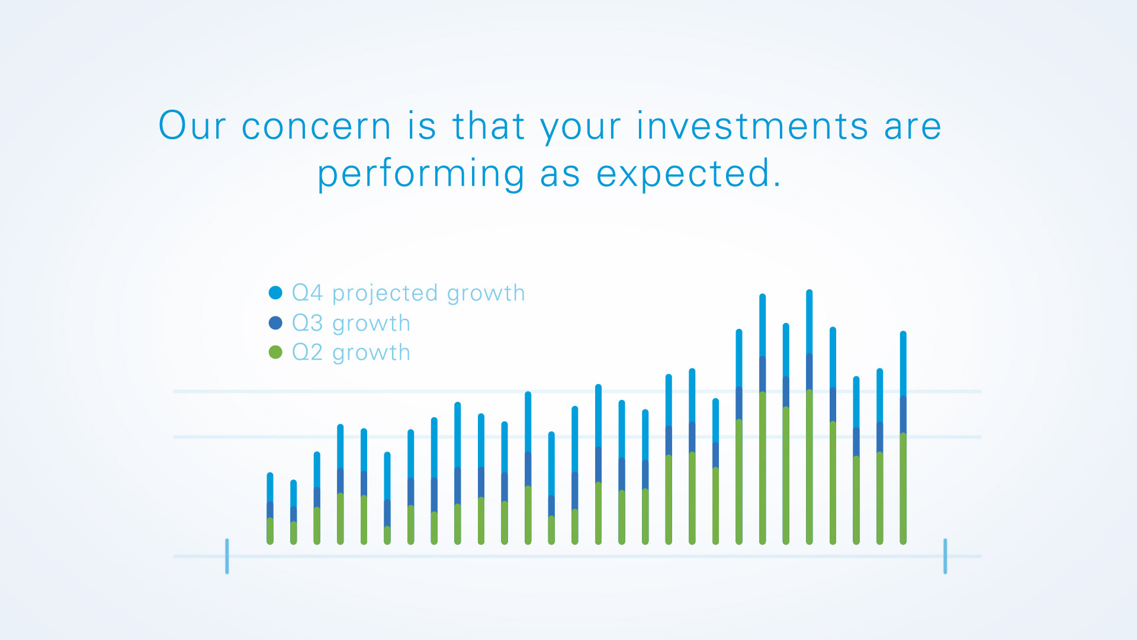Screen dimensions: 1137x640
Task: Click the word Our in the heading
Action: click(x=192, y=126)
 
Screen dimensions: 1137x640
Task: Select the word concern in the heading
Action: click(x=316, y=127)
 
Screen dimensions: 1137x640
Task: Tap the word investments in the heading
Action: click(x=753, y=126)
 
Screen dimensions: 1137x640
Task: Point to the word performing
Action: click(x=421, y=175)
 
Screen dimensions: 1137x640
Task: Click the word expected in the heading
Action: click(x=689, y=174)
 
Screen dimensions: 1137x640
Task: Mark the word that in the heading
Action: click(x=489, y=126)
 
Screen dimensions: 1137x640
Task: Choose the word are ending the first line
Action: click(x=913, y=127)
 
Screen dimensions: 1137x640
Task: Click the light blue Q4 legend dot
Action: click(x=275, y=293)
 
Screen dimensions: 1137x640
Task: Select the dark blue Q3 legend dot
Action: click(x=275, y=323)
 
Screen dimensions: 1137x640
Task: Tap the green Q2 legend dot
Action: click(x=275, y=353)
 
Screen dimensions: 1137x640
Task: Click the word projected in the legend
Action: click(x=385, y=294)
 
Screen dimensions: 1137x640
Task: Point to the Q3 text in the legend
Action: click(x=307, y=323)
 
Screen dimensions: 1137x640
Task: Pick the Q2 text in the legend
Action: click(x=307, y=353)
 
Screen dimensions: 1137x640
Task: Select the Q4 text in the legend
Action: click(x=307, y=293)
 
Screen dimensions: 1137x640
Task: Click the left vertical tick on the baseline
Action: click(x=227, y=556)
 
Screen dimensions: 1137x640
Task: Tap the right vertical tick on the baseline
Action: click(x=945, y=556)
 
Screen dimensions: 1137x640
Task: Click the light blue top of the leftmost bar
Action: click(x=270, y=487)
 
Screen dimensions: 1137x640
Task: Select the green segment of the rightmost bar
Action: click(x=903, y=489)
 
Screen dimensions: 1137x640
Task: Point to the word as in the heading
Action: click(x=560, y=175)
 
